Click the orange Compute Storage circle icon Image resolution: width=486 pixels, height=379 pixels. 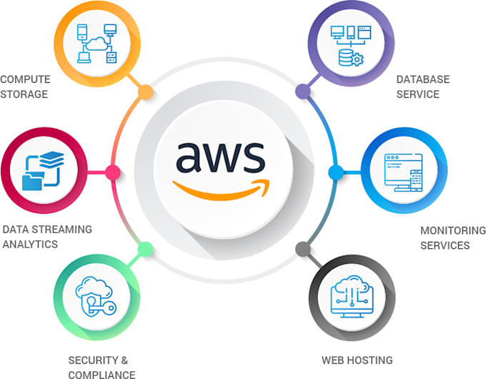[x=96, y=44]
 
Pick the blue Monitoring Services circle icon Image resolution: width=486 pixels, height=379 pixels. [x=397, y=172]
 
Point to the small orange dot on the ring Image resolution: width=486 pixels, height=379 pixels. [x=145, y=92]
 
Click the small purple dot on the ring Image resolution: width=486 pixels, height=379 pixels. [x=302, y=91]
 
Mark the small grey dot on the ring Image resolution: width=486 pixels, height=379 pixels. [x=302, y=250]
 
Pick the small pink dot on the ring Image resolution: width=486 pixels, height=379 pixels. [x=112, y=172]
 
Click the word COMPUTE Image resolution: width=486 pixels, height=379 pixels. [x=24, y=79]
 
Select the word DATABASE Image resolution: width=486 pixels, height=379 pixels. [x=422, y=79]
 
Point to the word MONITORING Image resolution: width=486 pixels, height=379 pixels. [x=452, y=230]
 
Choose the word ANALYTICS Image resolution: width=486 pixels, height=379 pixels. [x=29, y=245]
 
